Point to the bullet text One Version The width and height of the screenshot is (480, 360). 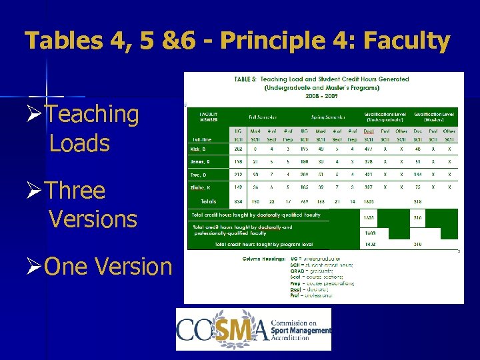point(107,267)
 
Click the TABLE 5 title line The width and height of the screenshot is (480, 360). point(321,79)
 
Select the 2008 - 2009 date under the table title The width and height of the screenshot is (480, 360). point(321,95)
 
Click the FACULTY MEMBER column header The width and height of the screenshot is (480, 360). point(209,117)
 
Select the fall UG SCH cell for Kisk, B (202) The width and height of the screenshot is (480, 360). point(237,149)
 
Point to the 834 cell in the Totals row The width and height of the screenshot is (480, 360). point(237,201)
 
